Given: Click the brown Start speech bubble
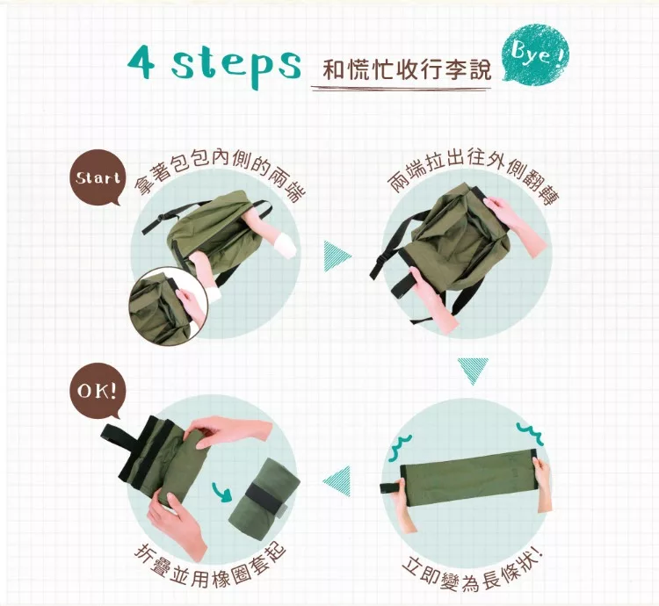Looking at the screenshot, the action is point(97,177).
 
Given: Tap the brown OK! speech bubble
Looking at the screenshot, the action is point(97,392).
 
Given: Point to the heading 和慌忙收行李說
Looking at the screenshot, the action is point(407,69).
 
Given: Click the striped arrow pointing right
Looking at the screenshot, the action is point(337,256).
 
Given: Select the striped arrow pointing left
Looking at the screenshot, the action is point(337,481).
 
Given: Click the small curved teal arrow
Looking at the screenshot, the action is point(222,491).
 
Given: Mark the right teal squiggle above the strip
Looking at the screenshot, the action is point(530,433).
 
